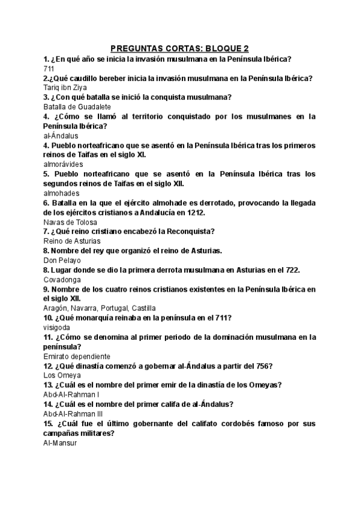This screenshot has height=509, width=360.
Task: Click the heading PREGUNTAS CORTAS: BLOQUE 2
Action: pos(180,49)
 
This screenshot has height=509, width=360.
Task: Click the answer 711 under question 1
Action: pos(49,68)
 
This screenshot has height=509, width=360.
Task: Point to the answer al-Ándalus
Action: pos(61,136)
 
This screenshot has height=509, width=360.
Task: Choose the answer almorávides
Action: pos(63,164)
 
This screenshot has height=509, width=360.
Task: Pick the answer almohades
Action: pos(61,193)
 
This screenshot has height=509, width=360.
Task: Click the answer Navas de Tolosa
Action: pos(70,222)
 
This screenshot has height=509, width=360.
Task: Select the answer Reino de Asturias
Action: pos(72,241)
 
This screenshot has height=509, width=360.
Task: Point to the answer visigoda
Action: pos(57,328)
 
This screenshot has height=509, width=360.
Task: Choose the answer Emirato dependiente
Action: pos(77,357)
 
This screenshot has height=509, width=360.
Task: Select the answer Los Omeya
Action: pos(62,376)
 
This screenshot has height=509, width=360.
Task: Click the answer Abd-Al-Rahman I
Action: pos(71,395)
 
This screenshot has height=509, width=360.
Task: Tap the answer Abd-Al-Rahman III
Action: pos(73,414)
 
